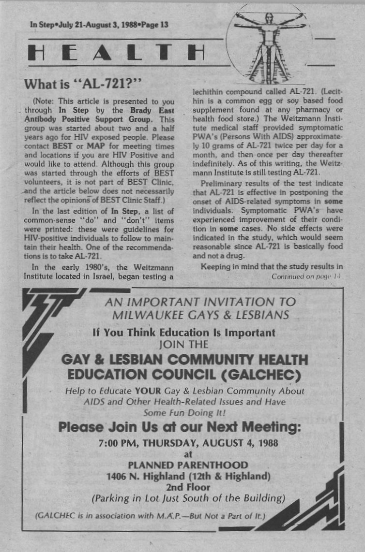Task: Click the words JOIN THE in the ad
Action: tap(183, 345)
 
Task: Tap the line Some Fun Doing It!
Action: tap(184, 412)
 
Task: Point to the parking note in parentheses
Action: tap(188, 498)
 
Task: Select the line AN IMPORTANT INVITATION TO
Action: tap(199, 302)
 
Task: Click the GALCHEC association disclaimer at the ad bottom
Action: tap(150, 515)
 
